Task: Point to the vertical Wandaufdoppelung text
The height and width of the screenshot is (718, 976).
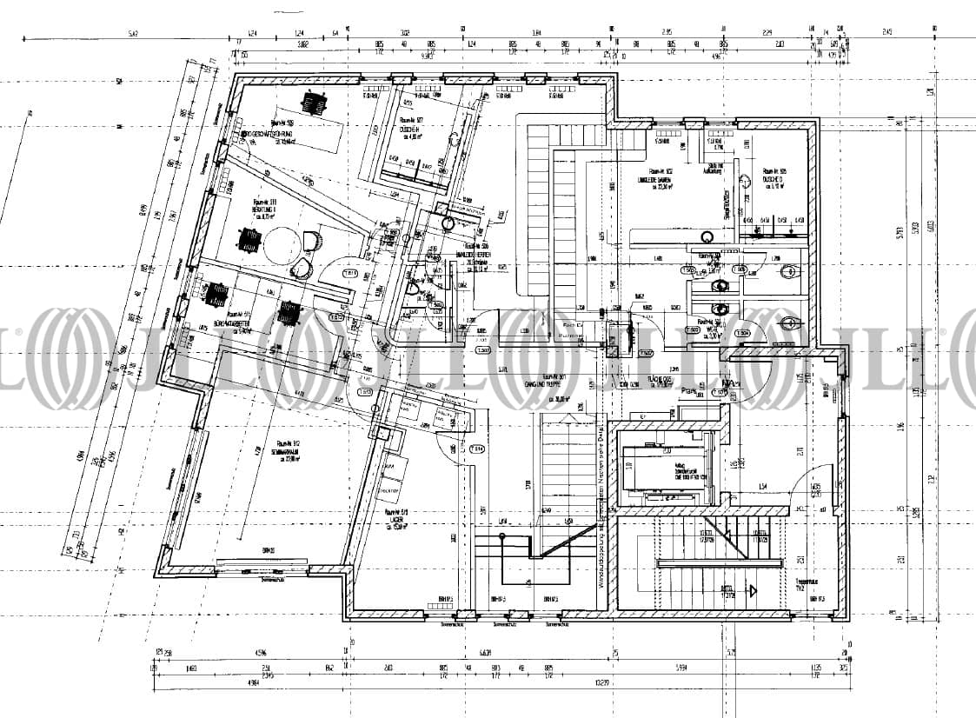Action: (600, 504)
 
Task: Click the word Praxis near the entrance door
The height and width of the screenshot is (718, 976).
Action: (690, 391)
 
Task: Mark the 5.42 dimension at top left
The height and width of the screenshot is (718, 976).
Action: (133, 33)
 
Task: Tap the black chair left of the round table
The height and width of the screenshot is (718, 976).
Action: (250, 238)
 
